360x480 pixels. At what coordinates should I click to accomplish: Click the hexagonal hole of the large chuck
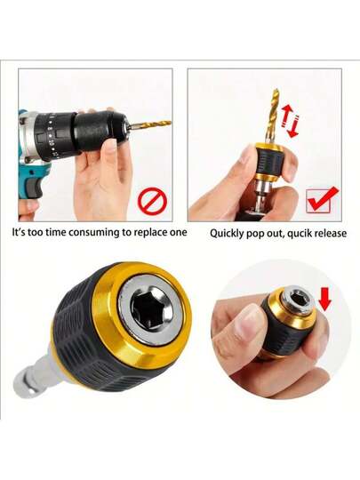[151, 308]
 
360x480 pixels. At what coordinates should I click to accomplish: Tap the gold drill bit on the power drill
[150, 124]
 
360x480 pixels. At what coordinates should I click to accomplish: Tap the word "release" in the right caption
[331, 233]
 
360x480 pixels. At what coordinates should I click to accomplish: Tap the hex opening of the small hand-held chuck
[299, 298]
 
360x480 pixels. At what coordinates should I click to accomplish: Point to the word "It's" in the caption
[19, 232]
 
